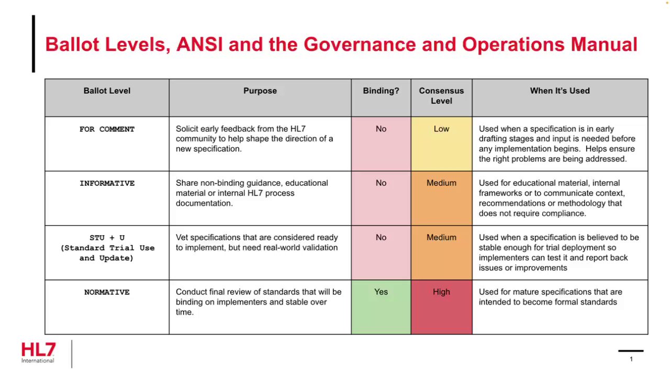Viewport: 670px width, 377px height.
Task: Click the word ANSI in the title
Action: pos(199,45)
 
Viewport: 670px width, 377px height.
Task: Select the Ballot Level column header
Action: pos(107,91)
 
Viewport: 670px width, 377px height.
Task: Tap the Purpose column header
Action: pos(260,91)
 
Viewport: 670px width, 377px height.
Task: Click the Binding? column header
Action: pos(381,91)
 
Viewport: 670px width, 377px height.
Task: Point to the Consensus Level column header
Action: pos(441,96)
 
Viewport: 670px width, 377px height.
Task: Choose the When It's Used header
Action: pos(560,91)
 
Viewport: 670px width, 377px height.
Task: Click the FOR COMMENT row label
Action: pos(107,129)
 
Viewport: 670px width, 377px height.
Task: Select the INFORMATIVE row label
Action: pos(107,183)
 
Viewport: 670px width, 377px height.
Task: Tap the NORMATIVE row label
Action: pos(107,292)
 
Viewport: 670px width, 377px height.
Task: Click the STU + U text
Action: pos(107,238)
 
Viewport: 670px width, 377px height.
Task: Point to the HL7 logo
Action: pos(38,352)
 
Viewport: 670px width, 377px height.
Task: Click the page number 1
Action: pos(631,359)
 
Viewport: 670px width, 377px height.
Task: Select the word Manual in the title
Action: pos(604,45)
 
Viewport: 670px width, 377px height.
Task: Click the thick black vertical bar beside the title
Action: pos(33,43)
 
